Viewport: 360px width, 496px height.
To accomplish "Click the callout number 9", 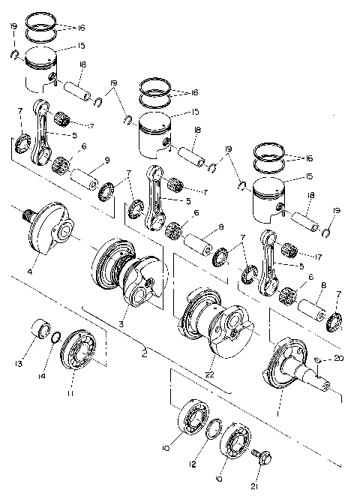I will click(106, 159).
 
